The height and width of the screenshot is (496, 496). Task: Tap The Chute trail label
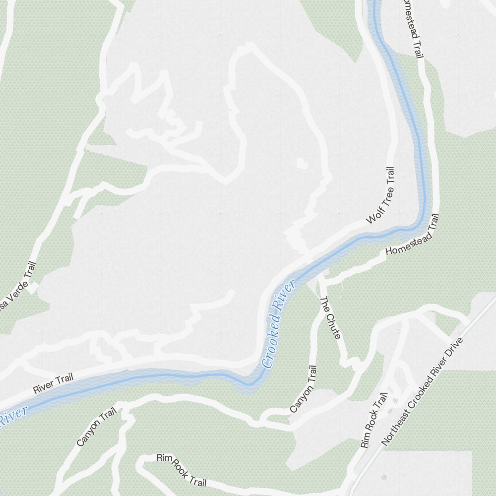coord(330,318)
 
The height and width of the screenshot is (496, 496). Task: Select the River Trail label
coord(53,384)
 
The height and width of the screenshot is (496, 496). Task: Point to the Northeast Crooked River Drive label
coord(422,391)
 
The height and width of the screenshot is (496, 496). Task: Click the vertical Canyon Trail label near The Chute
coord(303,389)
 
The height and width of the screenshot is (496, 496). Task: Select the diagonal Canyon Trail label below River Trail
coord(96,427)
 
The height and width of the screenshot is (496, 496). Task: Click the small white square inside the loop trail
coord(302,163)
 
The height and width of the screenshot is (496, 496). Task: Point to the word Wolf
coord(373,216)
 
